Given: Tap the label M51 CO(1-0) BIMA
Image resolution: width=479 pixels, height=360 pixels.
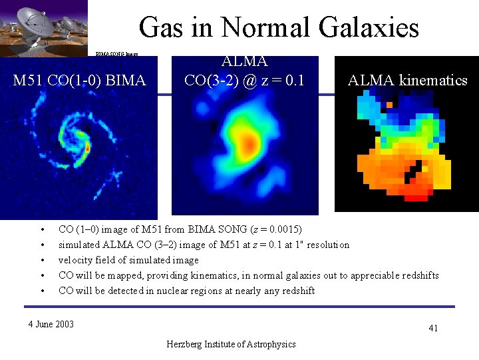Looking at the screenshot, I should click(80, 81).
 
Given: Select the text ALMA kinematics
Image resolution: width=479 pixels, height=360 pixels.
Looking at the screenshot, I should click(407, 81).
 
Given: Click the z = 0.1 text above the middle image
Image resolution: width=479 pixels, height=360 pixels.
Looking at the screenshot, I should click(283, 81).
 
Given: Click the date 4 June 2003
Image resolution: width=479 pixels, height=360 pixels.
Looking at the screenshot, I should click(51, 324).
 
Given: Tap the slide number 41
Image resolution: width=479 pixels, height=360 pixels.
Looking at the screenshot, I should click(433, 328).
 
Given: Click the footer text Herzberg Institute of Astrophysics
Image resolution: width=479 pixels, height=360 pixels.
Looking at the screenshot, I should click(231, 344).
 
